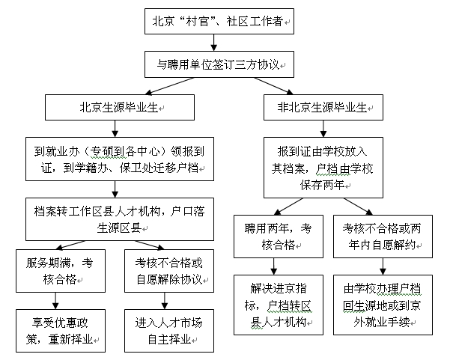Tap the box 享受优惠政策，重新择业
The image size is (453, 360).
60,330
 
